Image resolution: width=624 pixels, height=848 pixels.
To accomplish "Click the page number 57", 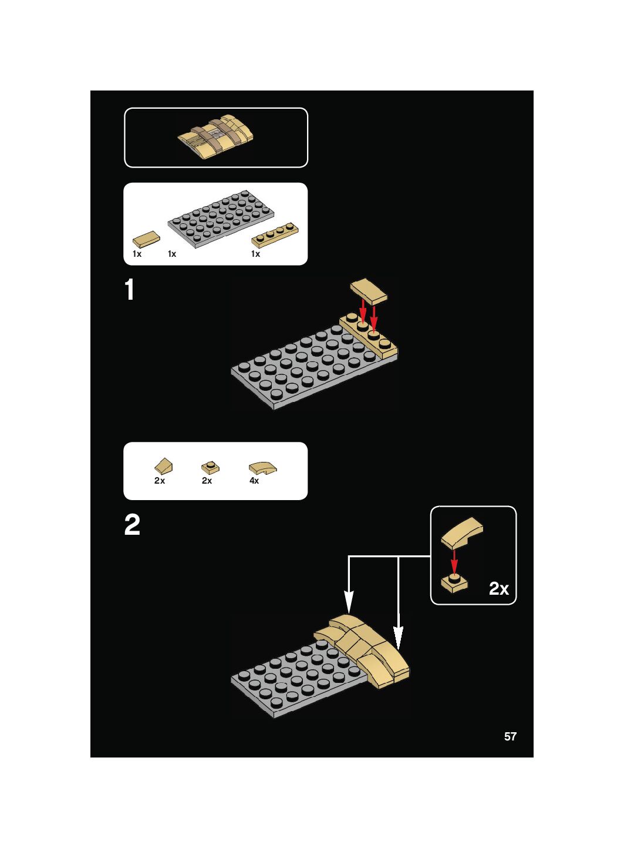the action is coord(510,736).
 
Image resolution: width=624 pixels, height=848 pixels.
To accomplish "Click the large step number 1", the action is coord(130,290).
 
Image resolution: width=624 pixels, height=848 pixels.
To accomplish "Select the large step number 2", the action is coord(132,525).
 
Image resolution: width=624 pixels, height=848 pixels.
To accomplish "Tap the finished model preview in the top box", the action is coord(216,137).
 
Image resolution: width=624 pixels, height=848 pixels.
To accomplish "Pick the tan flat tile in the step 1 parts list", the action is coord(146,239).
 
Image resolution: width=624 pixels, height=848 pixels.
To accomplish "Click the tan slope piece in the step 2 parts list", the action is coord(164,467).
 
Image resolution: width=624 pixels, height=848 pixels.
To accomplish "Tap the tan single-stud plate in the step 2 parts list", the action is coord(210,468).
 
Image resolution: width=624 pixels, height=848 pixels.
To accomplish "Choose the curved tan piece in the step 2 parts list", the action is coord(262,468).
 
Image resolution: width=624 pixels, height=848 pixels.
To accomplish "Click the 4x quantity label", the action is coord(254,481).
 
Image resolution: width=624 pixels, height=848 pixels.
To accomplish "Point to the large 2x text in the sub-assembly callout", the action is coord(499,588).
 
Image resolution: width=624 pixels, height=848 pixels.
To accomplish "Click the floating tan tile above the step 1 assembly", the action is coord(369,291).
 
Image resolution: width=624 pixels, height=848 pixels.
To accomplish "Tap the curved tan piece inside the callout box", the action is coord(463,532).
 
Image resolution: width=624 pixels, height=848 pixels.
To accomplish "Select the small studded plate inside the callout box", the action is coord(454,583).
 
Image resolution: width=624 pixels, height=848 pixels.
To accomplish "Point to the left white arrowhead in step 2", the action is coord(349,602).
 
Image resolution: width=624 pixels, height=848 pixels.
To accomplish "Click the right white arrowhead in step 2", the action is coord(398,638).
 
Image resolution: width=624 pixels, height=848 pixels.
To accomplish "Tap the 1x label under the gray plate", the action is coord(172,254).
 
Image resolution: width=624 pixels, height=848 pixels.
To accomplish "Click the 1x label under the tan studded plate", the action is coord(255,254).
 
